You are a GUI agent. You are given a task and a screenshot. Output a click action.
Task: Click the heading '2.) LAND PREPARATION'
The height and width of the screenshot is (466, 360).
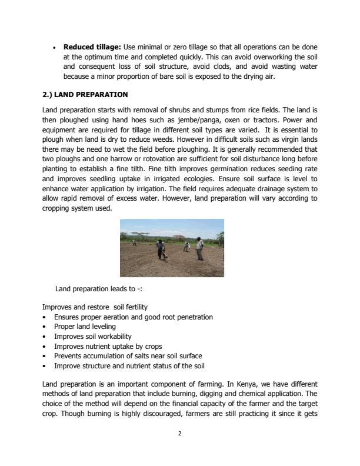click(85, 95)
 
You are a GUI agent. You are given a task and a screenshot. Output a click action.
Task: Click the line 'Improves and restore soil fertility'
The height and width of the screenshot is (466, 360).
click(95, 307)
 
